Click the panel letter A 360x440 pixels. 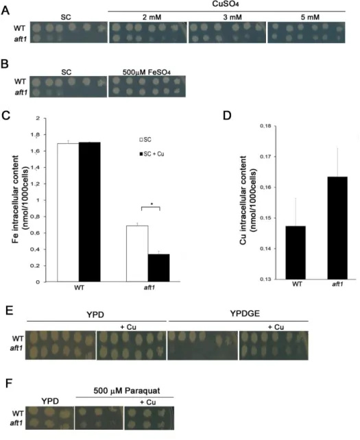coord(5,10)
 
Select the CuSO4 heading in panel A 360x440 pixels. coord(226,4)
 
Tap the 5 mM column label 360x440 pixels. coord(310,17)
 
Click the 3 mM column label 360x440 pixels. coord(232,17)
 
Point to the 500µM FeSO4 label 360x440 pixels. coord(146,72)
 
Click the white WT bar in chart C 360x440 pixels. coord(68,212)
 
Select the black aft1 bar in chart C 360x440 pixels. coord(158,268)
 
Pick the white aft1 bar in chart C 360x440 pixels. coord(137,254)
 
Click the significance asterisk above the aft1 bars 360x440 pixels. coord(152,204)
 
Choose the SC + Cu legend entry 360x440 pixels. coord(152,154)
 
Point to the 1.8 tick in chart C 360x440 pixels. coord(36,135)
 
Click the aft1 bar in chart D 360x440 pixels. coord(337,228)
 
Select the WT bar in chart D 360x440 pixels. coord(296,252)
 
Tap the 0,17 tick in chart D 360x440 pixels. coord(265,156)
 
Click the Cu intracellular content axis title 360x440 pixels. coord(248,200)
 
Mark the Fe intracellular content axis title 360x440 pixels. coord(20,199)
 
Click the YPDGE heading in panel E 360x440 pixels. coord(245,313)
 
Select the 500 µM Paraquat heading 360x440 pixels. coord(127,391)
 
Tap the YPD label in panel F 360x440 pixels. coord(50,401)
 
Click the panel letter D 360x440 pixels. coord(227,115)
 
